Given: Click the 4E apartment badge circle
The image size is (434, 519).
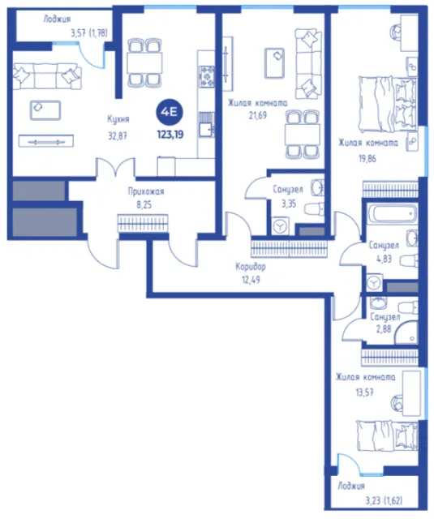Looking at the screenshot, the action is coord(170,112).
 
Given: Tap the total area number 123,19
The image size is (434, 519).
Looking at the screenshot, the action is coord(170,135).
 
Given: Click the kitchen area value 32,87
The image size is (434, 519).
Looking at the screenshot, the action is coord(118,135).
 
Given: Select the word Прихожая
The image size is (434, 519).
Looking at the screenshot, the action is coord(146,191).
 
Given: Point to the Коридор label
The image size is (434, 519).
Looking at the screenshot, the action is coord(251,266).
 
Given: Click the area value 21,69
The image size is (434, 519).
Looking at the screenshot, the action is coord(257,115).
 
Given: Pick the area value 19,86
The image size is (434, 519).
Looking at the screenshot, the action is coord(367,159).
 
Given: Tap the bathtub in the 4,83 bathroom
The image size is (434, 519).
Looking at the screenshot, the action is coord(393,213).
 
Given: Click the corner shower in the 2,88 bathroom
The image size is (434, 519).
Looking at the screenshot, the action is coord(406,333).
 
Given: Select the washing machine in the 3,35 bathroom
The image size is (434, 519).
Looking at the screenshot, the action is coord(281,226).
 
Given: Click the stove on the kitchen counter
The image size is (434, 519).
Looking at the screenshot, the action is coord(207,77).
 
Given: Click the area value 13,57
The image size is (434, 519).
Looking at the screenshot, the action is coord(364,392).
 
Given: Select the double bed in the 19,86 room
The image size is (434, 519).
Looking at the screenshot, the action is coord(388,105).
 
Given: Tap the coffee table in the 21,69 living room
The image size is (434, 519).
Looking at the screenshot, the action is coord(274,63).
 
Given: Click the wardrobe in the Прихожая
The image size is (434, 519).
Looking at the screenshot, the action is coord(143,223).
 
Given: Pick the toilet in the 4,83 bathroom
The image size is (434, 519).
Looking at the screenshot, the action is coord(409,260).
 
